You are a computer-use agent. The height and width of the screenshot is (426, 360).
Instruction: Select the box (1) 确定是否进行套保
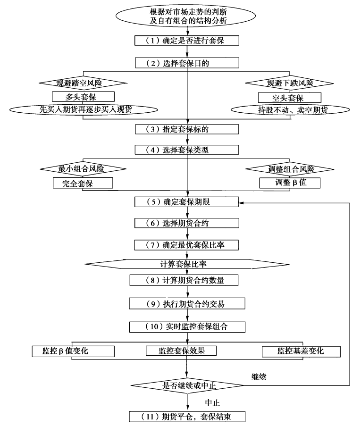click(x=188, y=41)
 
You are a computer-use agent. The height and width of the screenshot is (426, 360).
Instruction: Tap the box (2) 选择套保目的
click(x=188, y=62)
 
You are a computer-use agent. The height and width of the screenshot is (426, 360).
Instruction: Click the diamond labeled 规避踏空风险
click(x=83, y=83)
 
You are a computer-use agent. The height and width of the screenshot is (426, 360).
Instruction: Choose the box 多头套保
click(x=83, y=97)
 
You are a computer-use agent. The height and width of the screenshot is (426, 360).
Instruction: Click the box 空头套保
click(x=290, y=97)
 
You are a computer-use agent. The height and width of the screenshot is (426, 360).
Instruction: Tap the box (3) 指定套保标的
click(x=188, y=129)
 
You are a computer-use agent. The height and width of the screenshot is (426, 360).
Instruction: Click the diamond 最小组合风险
click(x=83, y=168)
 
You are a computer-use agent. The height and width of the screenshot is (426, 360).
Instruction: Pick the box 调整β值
click(x=290, y=182)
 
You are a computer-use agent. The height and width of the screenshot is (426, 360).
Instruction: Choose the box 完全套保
click(x=83, y=183)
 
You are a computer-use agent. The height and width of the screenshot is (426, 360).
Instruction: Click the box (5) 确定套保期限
click(x=188, y=202)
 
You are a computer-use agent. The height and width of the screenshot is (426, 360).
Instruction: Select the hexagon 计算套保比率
click(x=187, y=262)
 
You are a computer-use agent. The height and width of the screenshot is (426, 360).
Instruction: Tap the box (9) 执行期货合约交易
click(x=188, y=303)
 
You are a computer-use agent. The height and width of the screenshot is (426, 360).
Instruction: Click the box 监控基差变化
click(x=301, y=351)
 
